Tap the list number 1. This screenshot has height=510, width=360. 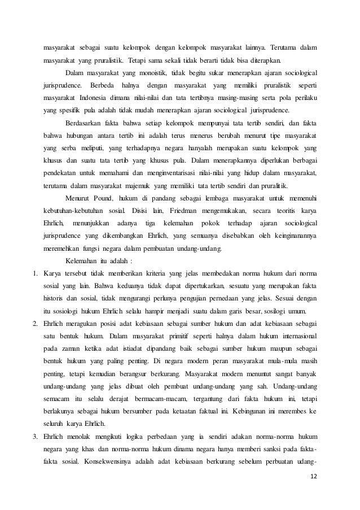coord(34,274)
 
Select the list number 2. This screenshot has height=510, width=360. coord(34,324)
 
